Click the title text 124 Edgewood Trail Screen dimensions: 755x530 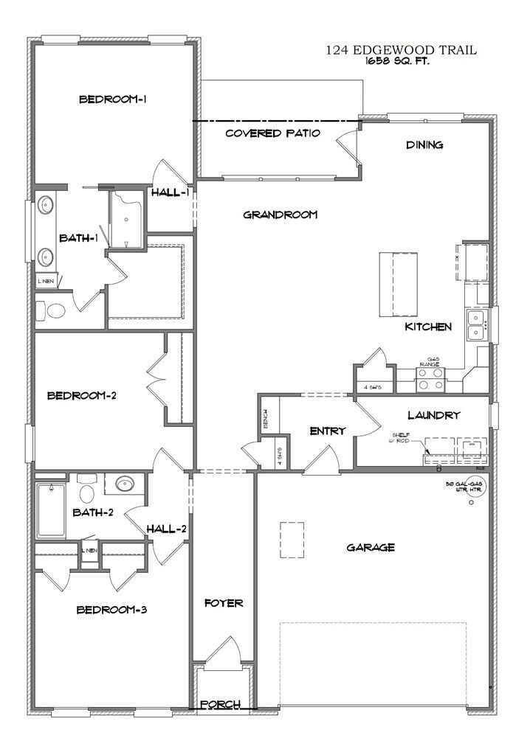pyautogui.click(x=401, y=51)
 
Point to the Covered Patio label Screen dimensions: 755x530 pyautogui.click(x=272, y=133)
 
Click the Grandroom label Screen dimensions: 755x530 pyautogui.click(x=281, y=215)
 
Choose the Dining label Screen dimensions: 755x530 pyautogui.click(x=424, y=145)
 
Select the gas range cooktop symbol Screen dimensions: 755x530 pyautogui.click(x=430, y=379)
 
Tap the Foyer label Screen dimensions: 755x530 pyautogui.click(x=224, y=603)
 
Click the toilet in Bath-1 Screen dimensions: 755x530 pyautogui.click(x=54, y=311)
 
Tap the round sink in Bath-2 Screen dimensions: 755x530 pyautogui.click(x=125, y=484)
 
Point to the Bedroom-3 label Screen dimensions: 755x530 pyautogui.click(x=113, y=610)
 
